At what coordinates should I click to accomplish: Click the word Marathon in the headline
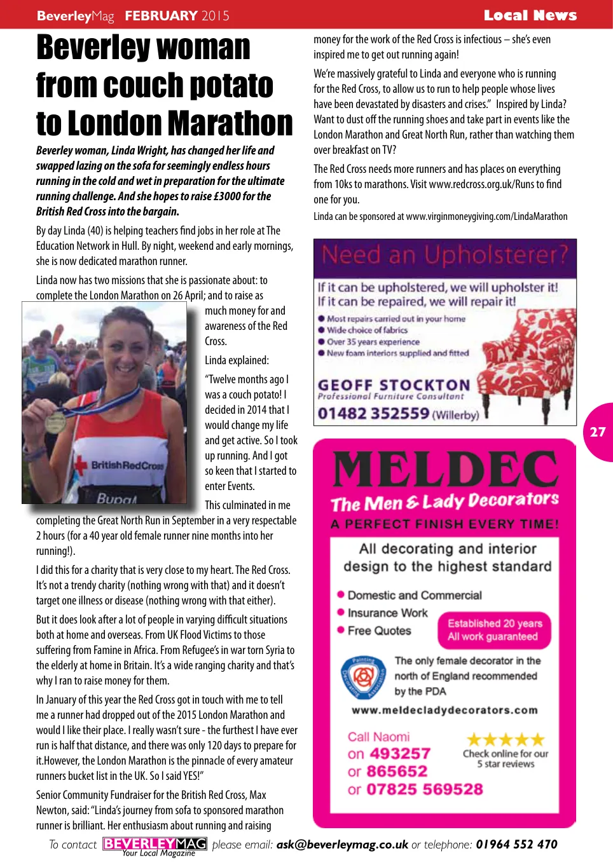coord(230,124)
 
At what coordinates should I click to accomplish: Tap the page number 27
coord(598,432)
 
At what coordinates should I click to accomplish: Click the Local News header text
coord(530,15)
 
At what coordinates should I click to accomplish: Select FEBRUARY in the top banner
coord(161,15)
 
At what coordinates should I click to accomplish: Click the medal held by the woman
coord(56,422)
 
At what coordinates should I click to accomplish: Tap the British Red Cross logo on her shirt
coord(121,465)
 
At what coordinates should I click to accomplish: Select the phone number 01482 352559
coord(373,414)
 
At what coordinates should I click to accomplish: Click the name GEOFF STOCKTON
coord(394,385)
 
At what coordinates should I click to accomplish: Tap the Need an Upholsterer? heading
coord(444,255)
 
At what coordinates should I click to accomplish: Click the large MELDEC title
coord(444,470)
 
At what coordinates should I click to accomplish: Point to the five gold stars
coord(506,739)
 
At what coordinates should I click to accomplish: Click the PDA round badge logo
coord(363,676)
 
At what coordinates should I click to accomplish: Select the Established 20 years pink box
coord(494,630)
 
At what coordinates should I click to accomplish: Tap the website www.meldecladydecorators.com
coord(444,710)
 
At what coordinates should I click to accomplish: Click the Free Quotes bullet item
coord(379,630)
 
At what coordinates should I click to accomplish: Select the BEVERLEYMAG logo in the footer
coord(155,844)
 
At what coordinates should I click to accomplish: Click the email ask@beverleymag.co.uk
coord(342,845)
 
